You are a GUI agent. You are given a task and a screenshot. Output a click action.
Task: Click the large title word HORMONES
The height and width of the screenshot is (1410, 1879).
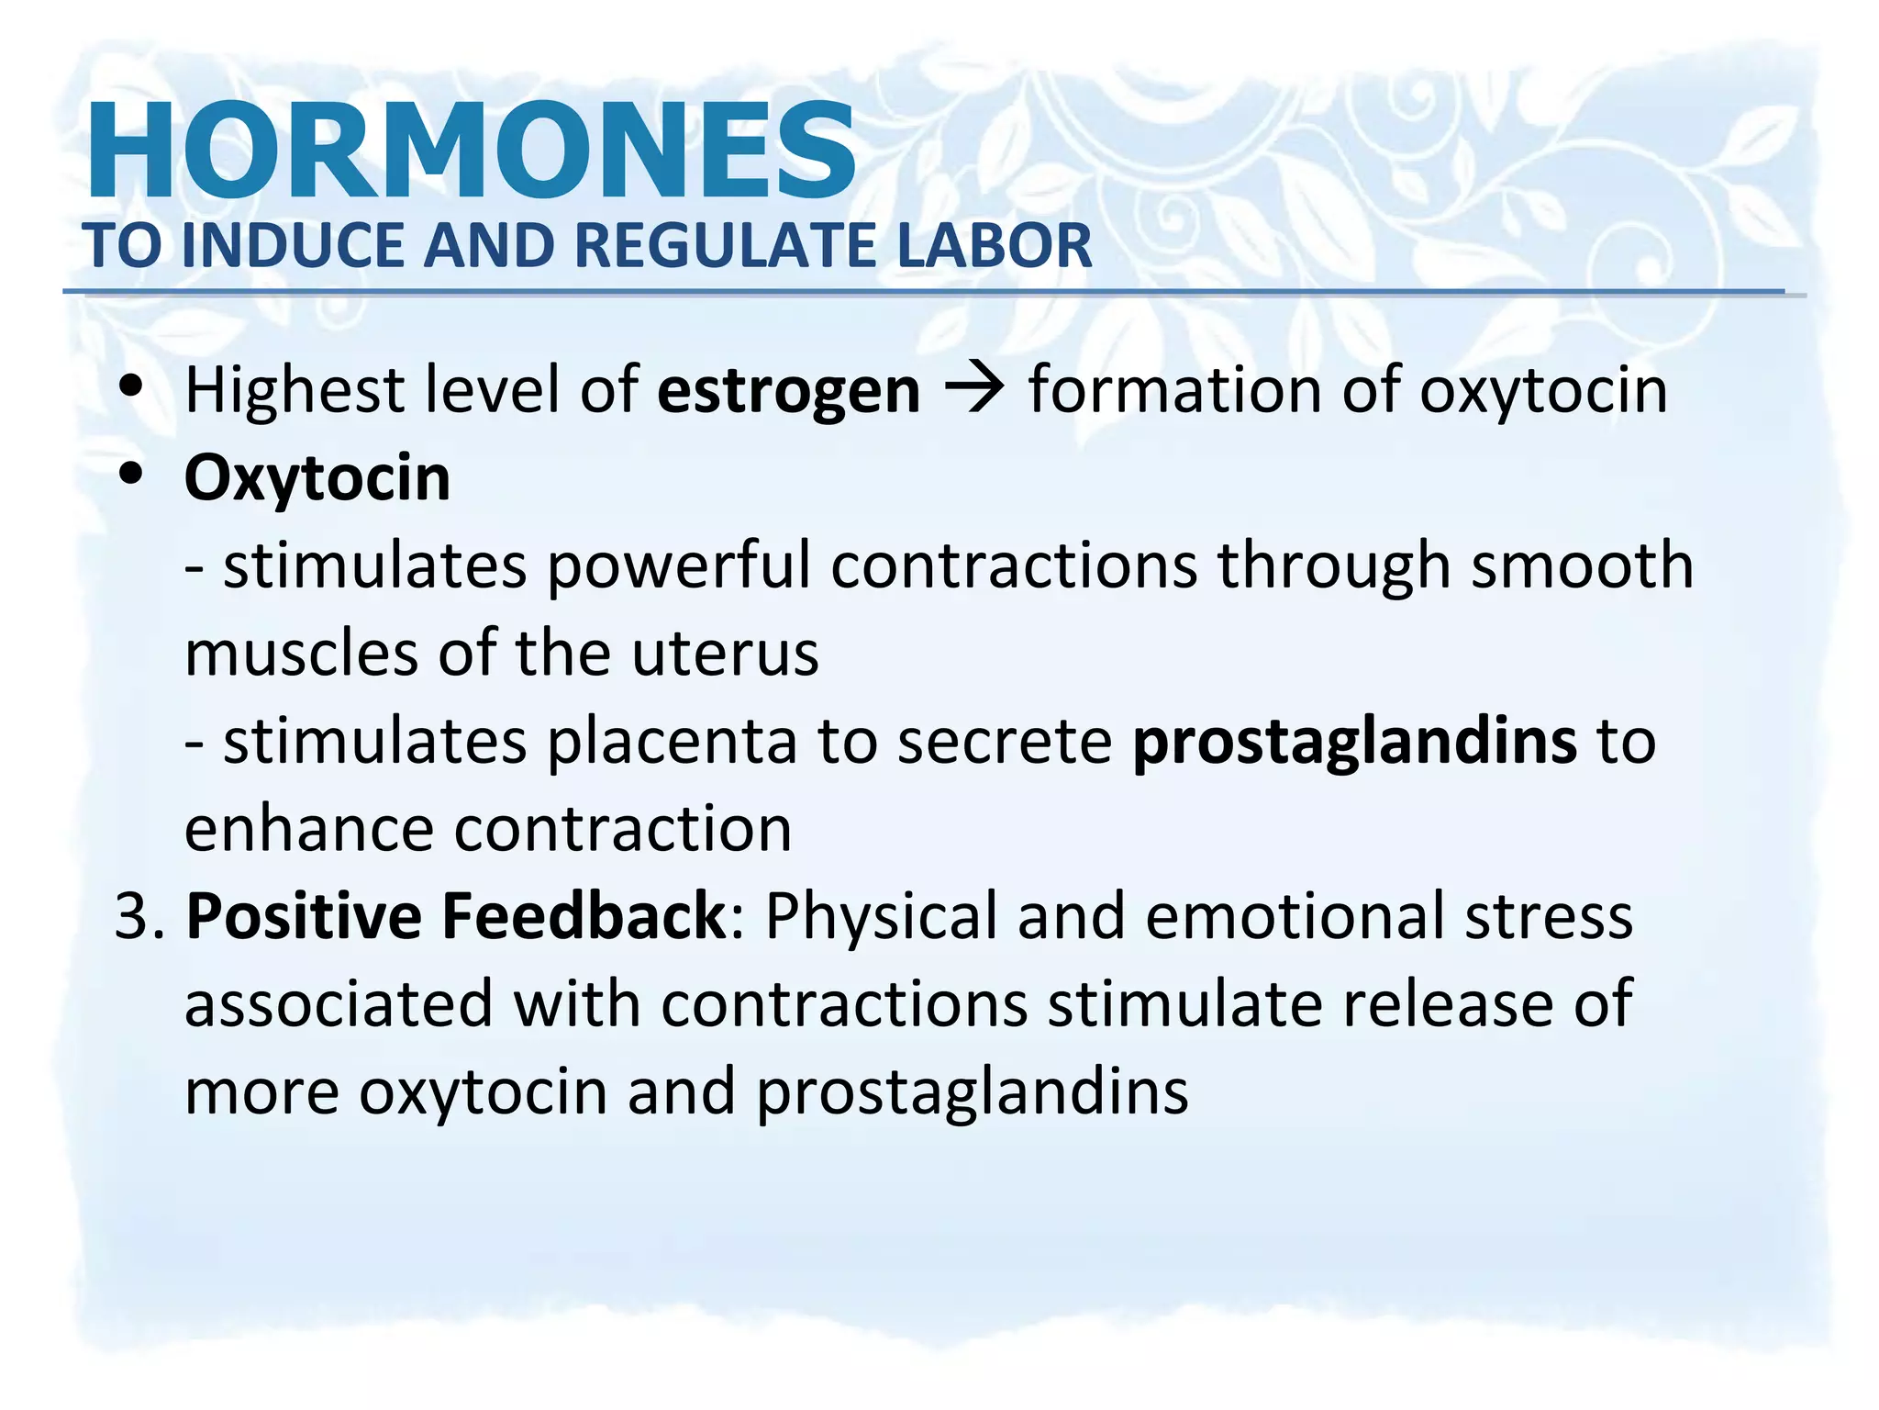[x=471, y=151]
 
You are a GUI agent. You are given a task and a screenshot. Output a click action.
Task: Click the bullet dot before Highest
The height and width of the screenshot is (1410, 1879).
[x=132, y=386]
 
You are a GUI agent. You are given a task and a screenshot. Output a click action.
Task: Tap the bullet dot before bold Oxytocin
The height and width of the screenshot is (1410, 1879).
[x=132, y=475]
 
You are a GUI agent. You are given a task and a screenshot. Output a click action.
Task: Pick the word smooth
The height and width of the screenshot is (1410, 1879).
[x=1582, y=565]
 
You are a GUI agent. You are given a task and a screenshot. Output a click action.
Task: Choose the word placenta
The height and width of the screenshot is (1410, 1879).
[x=673, y=742]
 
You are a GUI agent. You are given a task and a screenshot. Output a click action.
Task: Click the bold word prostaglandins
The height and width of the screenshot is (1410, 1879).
[x=1355, y=742]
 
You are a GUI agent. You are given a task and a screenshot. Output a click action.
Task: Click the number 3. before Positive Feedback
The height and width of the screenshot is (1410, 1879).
[x=139, y=916]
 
